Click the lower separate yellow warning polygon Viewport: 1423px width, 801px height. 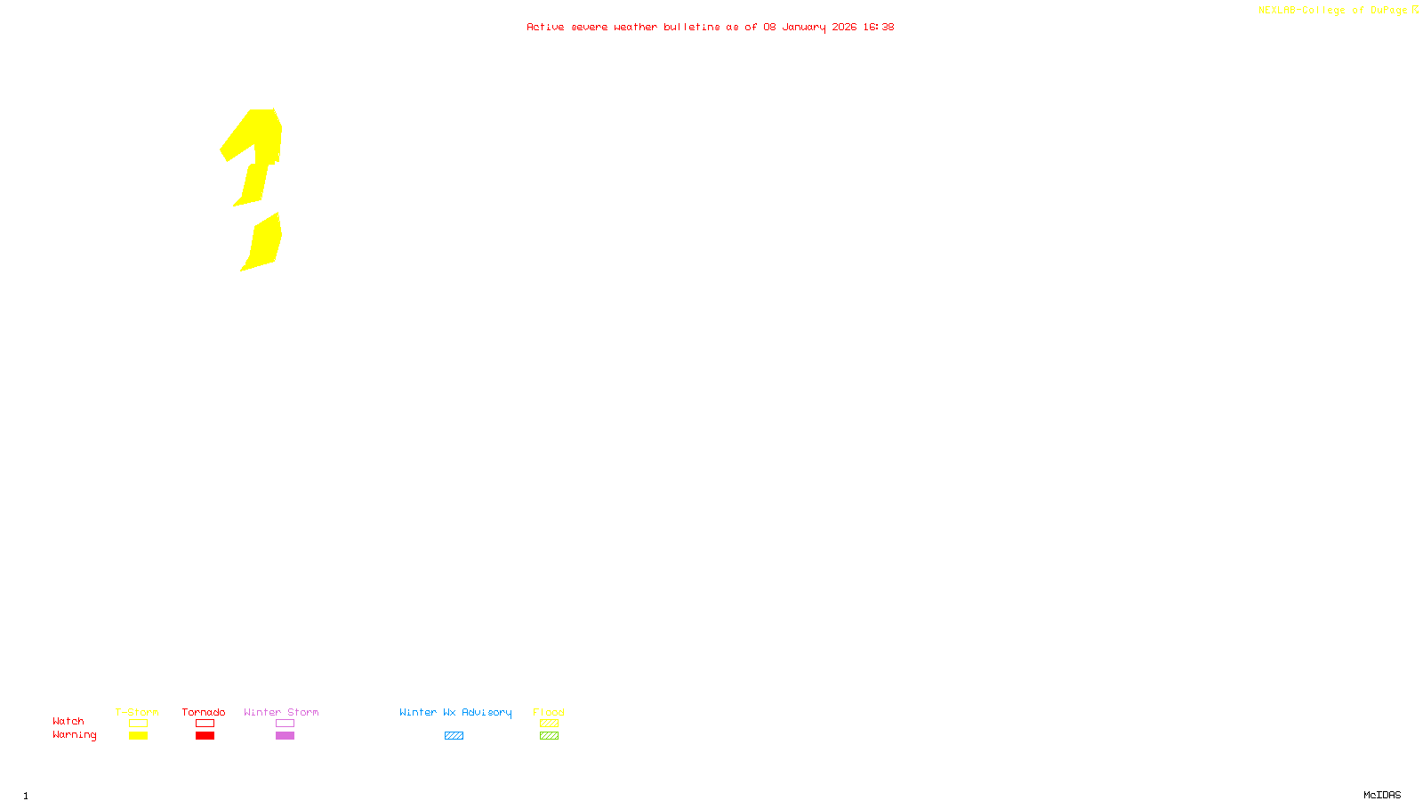coord(264,242)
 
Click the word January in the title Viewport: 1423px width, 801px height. coord(803,27)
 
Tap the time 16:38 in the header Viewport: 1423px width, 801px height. coord(878,27)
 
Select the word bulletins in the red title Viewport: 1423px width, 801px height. coord(692,27)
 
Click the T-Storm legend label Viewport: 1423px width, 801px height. coord(137,712)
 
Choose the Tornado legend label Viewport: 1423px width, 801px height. coord(204,712)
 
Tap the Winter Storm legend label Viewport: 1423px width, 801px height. coord(281,712)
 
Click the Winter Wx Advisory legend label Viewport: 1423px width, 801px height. coord(455,712)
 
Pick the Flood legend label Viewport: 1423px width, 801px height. coord(549,712)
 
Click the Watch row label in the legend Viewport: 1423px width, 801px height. coord(68,721)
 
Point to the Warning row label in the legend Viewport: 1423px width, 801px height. coord(74,735)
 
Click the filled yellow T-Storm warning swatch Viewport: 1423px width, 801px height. coord(138,736)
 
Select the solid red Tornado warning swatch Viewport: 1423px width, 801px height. coord(205,736)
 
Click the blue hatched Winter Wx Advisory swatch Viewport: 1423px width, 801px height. coord(454,736)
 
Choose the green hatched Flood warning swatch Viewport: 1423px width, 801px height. coord(549,736)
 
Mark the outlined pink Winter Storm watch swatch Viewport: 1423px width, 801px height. coord(285,724)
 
